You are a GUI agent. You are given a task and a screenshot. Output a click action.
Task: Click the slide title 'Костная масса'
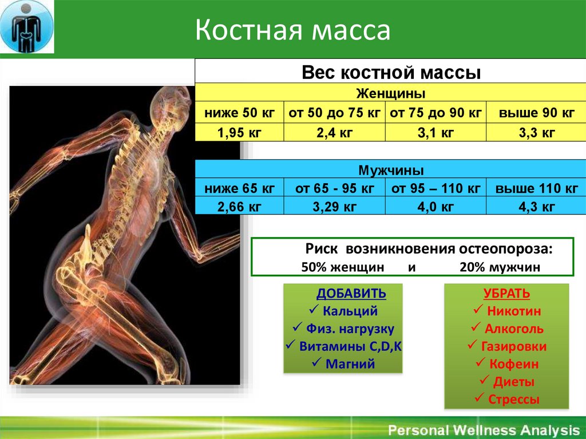click(x=292, y=30)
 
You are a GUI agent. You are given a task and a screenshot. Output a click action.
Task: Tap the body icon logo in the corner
click(x=26, y=26)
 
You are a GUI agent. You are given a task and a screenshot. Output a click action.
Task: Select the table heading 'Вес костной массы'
click(x=391, y=73)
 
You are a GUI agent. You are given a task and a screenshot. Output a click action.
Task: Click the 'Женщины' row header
click(x=390, y=93)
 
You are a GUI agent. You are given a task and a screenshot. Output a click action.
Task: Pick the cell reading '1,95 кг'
click(x=239, y=132)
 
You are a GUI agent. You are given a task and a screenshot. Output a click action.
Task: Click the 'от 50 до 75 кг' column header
click(x=334, y=113)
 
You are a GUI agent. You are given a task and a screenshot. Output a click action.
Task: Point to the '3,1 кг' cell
click(x=435, y=132)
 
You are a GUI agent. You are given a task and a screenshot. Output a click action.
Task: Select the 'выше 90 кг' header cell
click(x=536, y=113)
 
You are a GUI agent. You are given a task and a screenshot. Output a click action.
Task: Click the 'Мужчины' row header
click(x=391, y=171)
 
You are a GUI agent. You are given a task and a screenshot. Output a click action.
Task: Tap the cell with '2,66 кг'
click(x=239, y=207)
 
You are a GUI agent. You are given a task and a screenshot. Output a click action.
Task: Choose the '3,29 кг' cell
click(x=334, y=207)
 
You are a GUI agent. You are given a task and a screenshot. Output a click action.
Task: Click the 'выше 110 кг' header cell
click(x=536, y=188)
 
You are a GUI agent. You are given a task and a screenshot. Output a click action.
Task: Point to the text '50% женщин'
click(x=343, y=267)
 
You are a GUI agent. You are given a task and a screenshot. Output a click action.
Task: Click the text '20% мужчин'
click(x=500, y=267)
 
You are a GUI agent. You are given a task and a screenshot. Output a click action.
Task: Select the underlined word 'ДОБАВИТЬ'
click(x=351, y=294)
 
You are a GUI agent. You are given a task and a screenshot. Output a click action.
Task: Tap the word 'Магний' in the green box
click(x=350, y=364)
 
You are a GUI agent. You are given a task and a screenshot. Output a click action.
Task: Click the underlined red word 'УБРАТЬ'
click(x=506, y=294)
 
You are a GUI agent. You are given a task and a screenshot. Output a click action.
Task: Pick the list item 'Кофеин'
click(x=514, y=364)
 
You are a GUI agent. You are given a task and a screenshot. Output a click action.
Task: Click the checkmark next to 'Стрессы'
click(x=480, y=397)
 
